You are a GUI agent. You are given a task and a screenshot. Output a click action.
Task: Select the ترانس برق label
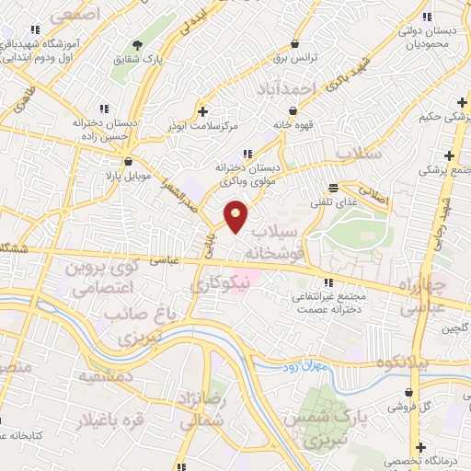[x=295, y=57]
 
